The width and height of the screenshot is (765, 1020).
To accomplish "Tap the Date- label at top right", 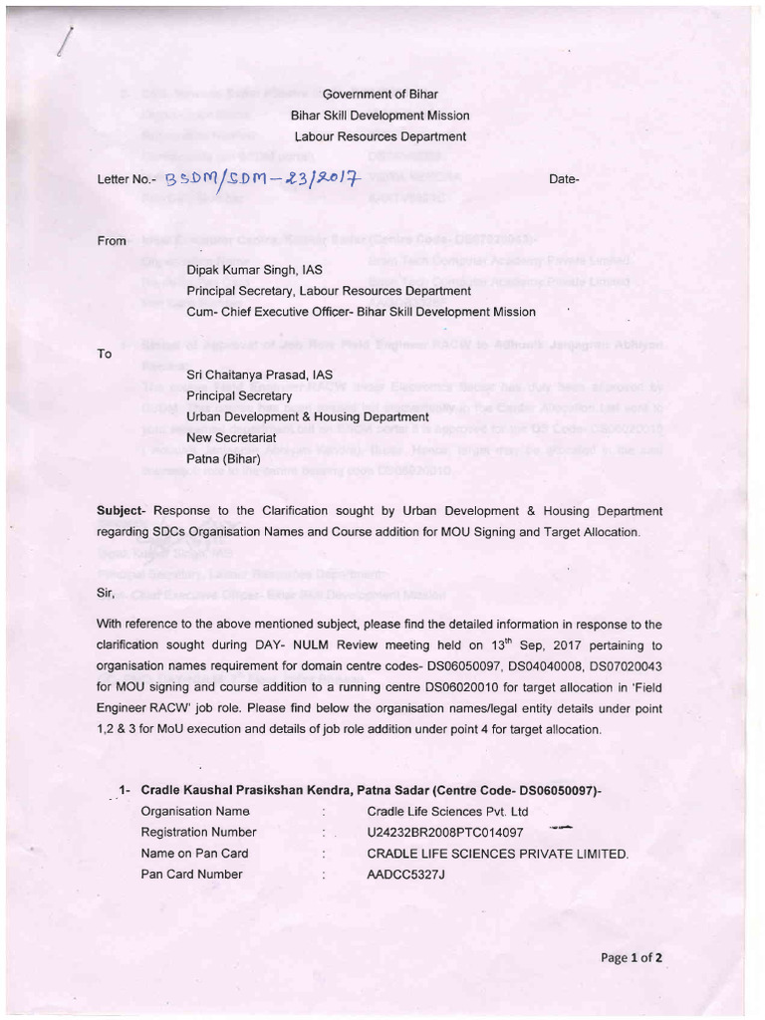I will click(x=564, y=179).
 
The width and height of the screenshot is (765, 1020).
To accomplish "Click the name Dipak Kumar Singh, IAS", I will click(x=254, y=270).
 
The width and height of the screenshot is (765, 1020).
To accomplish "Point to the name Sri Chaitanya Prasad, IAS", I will click(x=259, y=375).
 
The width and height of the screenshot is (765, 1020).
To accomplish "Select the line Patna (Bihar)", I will click(x=223, y=459).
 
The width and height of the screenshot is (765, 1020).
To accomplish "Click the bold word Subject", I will click(x=121, y=511).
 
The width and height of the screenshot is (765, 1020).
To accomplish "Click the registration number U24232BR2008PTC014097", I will click(x=445, y=832).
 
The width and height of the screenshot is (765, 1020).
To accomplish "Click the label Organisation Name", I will click(x=194, y=811).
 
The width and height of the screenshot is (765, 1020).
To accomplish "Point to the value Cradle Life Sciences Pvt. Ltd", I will click(x=447, y=811).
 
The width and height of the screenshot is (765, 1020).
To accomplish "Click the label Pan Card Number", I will click(x=191, y=874).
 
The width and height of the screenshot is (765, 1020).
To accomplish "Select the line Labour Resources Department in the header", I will click(x=380, y=136).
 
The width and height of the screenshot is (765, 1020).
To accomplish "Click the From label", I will click(x=112, y=240).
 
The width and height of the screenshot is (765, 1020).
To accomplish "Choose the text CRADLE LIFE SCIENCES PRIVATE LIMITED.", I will click(x=498, y=853).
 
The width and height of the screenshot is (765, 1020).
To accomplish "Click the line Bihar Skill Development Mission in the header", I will click(x=380, y=116).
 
